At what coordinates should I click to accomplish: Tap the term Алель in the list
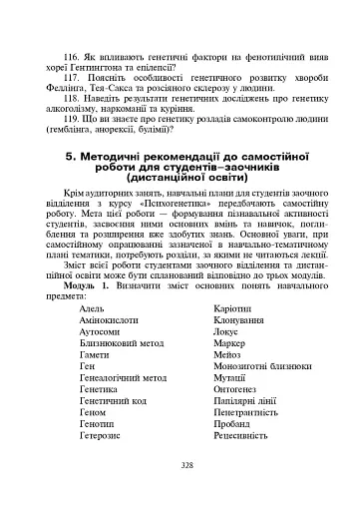[x=90, y=310]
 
